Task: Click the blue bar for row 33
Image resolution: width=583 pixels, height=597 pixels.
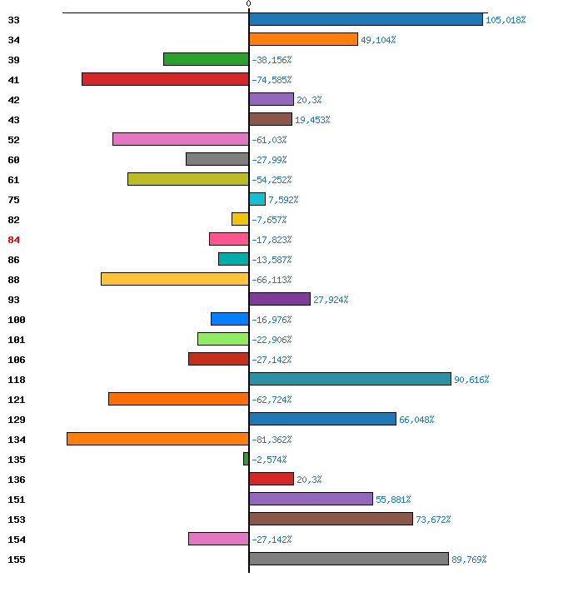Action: [x=366, y=19]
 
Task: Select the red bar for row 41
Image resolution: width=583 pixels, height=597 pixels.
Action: [x=165, y=79]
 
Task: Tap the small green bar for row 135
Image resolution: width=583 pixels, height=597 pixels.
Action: [x=246, y=459]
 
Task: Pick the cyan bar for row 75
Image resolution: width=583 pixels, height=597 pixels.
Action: [x=257, y=199]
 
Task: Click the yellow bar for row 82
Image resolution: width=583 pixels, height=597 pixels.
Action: [x=241, y=219]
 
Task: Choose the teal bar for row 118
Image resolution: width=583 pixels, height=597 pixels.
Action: [x=350, y=379]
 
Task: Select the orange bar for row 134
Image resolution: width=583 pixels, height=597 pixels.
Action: [x=158, y=439]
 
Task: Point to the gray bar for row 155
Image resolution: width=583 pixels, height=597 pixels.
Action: [x=349, y=559]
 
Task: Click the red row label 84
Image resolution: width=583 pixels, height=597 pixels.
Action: [x=13, y=240]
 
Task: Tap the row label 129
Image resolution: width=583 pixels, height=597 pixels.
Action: [x=17, y=420]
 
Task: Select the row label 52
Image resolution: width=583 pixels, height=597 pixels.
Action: [x=13, y=140]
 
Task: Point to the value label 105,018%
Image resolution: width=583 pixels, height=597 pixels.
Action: [x=506, y=20]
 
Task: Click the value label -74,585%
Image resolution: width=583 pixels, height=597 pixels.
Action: [x=272, y=80]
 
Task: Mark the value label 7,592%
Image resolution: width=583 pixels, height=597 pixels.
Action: [x=283, y=200]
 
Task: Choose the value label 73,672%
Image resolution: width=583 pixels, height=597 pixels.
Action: [x=433, y=520]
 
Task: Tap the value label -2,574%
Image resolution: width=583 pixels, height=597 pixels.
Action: [x=269, y=460]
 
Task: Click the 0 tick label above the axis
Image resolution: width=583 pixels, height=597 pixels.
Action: [x=249, y=3]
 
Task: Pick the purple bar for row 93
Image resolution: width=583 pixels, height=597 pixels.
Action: [x=280, y=299]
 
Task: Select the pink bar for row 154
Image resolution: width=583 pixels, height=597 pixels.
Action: [x=218, y=539]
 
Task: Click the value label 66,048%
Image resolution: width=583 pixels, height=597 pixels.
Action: [x=416, y=420]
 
